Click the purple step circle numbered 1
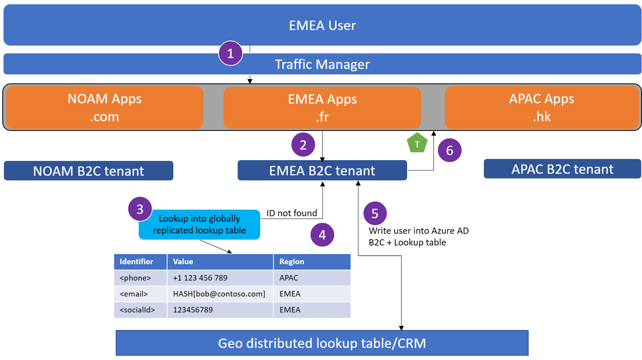[x=231, y=53]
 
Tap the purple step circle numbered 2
[x=303, y=145]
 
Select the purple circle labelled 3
[x=140, y=209]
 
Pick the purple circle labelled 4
[x=322, y=235]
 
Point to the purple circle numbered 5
[x=375, y=214]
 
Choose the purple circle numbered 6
[x=450, y=150]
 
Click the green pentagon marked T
[x=417, y=143]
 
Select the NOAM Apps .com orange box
[x=105, y=108]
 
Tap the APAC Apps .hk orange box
[x=541, y=108]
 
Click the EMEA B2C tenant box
[x=322, y=171]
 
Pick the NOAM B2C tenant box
[x=88, y=171]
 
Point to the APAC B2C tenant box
[x=562, y=169]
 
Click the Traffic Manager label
[x=322, y=64]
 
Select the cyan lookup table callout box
[x=199, y=225]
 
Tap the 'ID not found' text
[x=292, y=213]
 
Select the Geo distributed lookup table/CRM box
[x=322, y=343]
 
